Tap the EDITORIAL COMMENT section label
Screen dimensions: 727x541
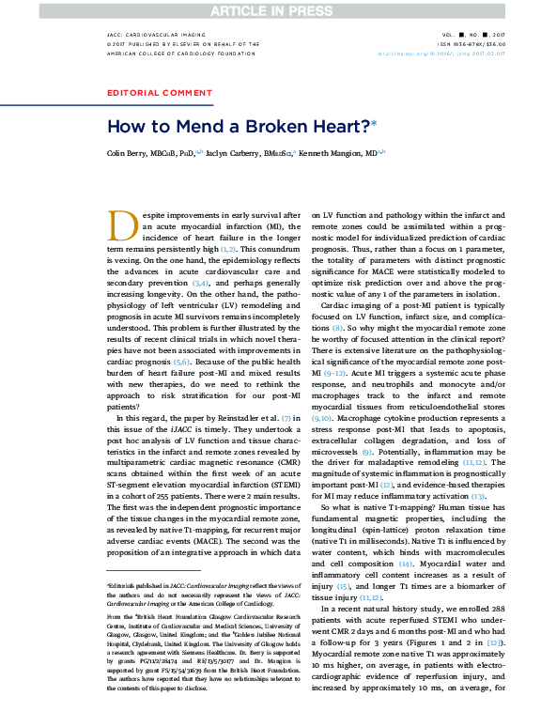click(160, 93)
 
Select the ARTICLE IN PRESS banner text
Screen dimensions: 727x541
click(270, 9)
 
